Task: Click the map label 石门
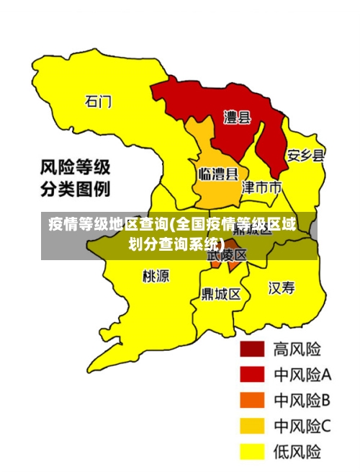[99, 102]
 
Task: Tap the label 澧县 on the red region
[237, 117]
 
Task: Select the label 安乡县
[305, 155]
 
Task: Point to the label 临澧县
[218, 174]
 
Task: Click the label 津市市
[261, 188]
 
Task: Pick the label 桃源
[156, 275]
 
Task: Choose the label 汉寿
[282, 288]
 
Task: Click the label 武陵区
[228, 255]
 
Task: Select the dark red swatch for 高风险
[251, 349]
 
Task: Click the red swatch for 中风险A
[251, 375]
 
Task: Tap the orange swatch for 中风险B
[251, 400]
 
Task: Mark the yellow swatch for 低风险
[251, 451]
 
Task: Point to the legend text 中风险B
[302, 400]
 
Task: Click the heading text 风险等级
[75, 168]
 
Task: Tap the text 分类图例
[75, 191]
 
